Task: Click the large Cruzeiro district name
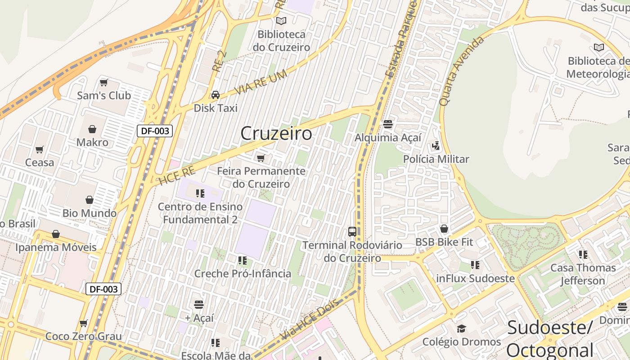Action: (x=276, y=134)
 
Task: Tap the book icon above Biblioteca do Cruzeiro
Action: (x=281, y=21)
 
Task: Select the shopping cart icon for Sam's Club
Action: (x=104, y=82)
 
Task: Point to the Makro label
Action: (x=92, y=143)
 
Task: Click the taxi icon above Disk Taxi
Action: (x=216, y=95)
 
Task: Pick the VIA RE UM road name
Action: (x=261, y=83)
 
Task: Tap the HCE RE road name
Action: (x=177, y=175)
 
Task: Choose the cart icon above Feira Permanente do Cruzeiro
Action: (x=261, y=158)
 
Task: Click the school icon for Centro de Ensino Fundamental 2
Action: (x=200, y=193)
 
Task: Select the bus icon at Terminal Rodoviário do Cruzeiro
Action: (x=352, y=232)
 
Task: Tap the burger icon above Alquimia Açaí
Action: (x=388, y=124)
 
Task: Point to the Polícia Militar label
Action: (x=436, y=159)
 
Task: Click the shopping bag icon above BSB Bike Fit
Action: (x=444, y=229)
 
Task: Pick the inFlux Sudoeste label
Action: (x=475, y=279)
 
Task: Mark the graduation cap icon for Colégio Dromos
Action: (x=461, y=328)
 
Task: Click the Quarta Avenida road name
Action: (x=461, y=71)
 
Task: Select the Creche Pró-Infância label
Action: (x=243, y=274)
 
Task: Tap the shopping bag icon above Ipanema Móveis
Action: (x=56, y=234)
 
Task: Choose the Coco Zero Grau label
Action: (x=84, y=337)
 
